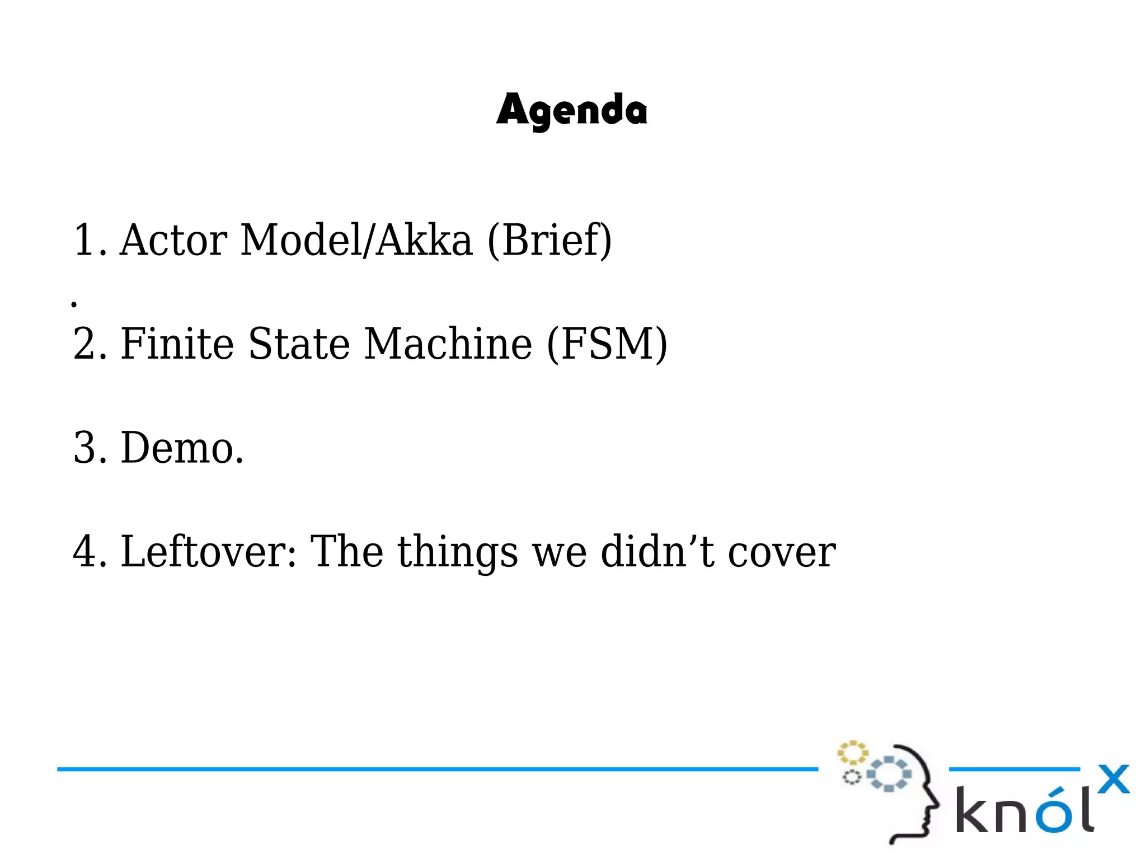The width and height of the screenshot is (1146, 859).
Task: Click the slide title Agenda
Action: [571, 110]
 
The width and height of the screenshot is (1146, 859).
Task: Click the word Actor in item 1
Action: [173, 240]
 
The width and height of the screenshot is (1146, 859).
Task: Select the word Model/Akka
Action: [356, 240]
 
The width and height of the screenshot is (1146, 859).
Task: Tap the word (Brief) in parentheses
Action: [549, 241]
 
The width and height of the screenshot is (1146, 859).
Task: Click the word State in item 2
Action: [299, 344]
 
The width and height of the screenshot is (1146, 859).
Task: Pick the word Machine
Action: [448, 344]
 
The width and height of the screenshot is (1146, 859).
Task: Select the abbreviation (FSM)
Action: [607, 344]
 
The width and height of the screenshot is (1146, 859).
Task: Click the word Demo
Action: [182, 448]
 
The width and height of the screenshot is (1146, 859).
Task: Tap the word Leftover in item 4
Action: [208, 552]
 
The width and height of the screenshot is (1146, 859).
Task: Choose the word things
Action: [458, 553]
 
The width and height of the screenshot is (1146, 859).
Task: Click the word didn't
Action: [657, 552]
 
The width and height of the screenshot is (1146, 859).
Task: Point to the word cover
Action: [782, 553]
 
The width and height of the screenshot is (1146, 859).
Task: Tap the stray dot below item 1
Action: [74, 304]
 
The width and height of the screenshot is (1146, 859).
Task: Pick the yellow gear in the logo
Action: [852, 753]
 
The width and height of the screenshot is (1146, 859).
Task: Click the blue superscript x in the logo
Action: [1114, 779]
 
